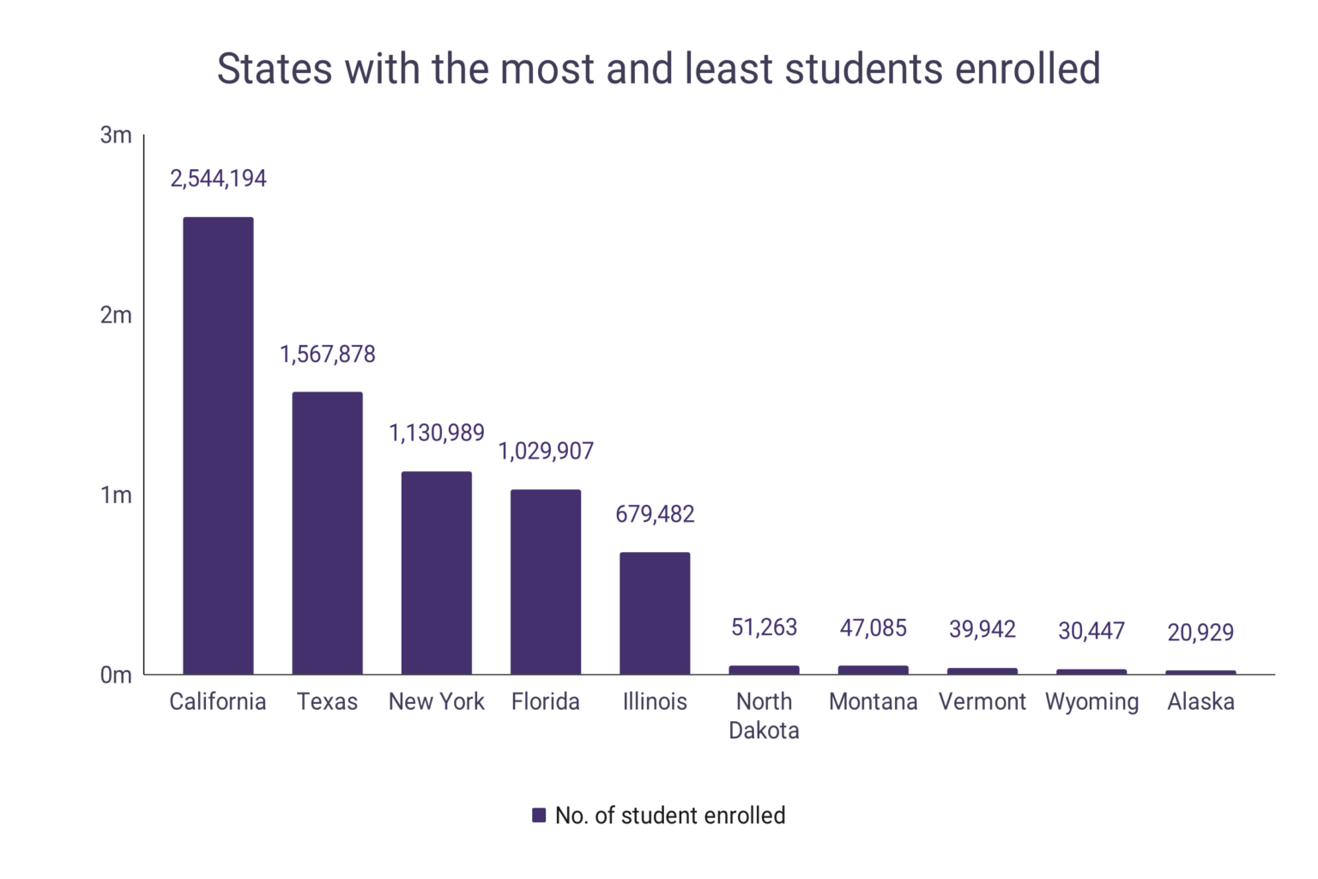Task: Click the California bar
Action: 218,446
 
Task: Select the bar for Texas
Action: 327,533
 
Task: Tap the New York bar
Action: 436,573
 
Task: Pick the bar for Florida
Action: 545,582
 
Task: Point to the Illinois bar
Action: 655,613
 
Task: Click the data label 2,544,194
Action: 218,179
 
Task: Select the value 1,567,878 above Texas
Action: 327,355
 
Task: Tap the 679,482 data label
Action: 655,514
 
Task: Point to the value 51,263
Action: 764,627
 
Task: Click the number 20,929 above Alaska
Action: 1200,633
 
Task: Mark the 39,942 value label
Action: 982,629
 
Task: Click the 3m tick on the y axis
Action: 116,135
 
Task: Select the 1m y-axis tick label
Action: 116,495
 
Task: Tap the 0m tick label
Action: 116,676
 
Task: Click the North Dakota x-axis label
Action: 764,715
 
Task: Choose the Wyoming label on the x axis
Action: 1091,702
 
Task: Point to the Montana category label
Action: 873,702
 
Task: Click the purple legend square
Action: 539,815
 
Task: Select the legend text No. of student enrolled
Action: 670,815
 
